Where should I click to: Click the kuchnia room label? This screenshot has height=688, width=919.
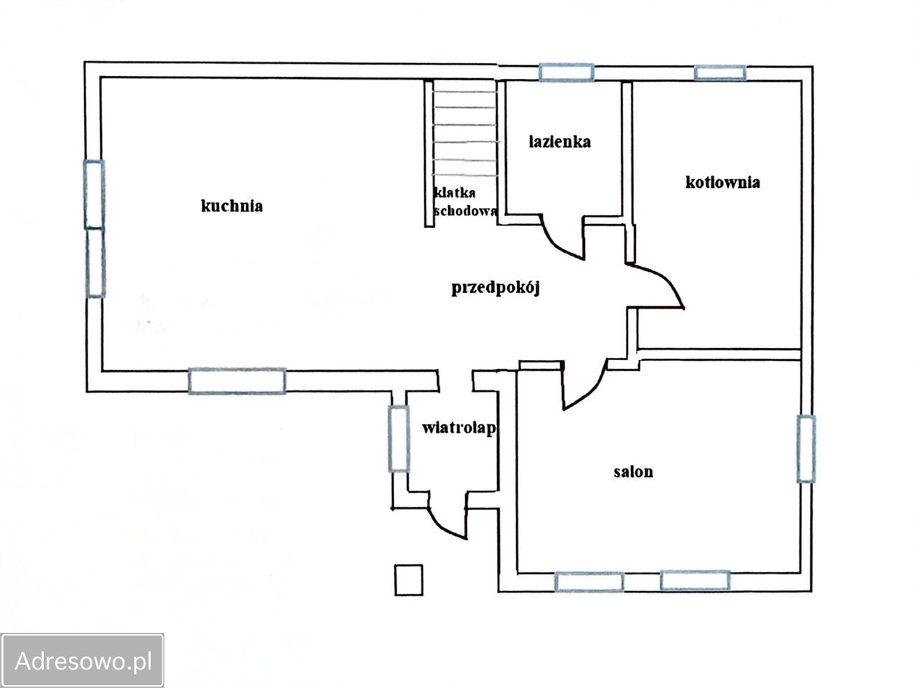click(231, 206)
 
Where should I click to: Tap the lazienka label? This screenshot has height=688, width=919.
click(560, 142)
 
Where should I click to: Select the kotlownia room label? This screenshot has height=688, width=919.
click(723, 182)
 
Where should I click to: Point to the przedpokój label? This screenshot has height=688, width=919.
click(495, 288)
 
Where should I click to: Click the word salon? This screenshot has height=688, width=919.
click(633, 472)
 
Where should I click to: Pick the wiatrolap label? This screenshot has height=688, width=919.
click(459, 428)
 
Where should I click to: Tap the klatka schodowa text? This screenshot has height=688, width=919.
click(465, 202)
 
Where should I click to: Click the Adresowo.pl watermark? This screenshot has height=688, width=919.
click(82, 661)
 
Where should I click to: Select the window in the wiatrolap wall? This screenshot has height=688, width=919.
click(398, 439)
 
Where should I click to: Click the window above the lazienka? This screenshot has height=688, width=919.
click(566, 72)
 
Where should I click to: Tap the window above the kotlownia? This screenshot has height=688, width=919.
click(719, 72)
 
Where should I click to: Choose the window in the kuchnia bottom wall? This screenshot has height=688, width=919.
click(237, 381)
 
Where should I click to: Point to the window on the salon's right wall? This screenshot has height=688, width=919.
click(806, 449)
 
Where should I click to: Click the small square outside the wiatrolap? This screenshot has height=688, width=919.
click(409, 580)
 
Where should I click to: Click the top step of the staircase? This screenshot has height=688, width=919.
click(465, 91)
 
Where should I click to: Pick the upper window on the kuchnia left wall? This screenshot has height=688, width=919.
click(95, 194)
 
